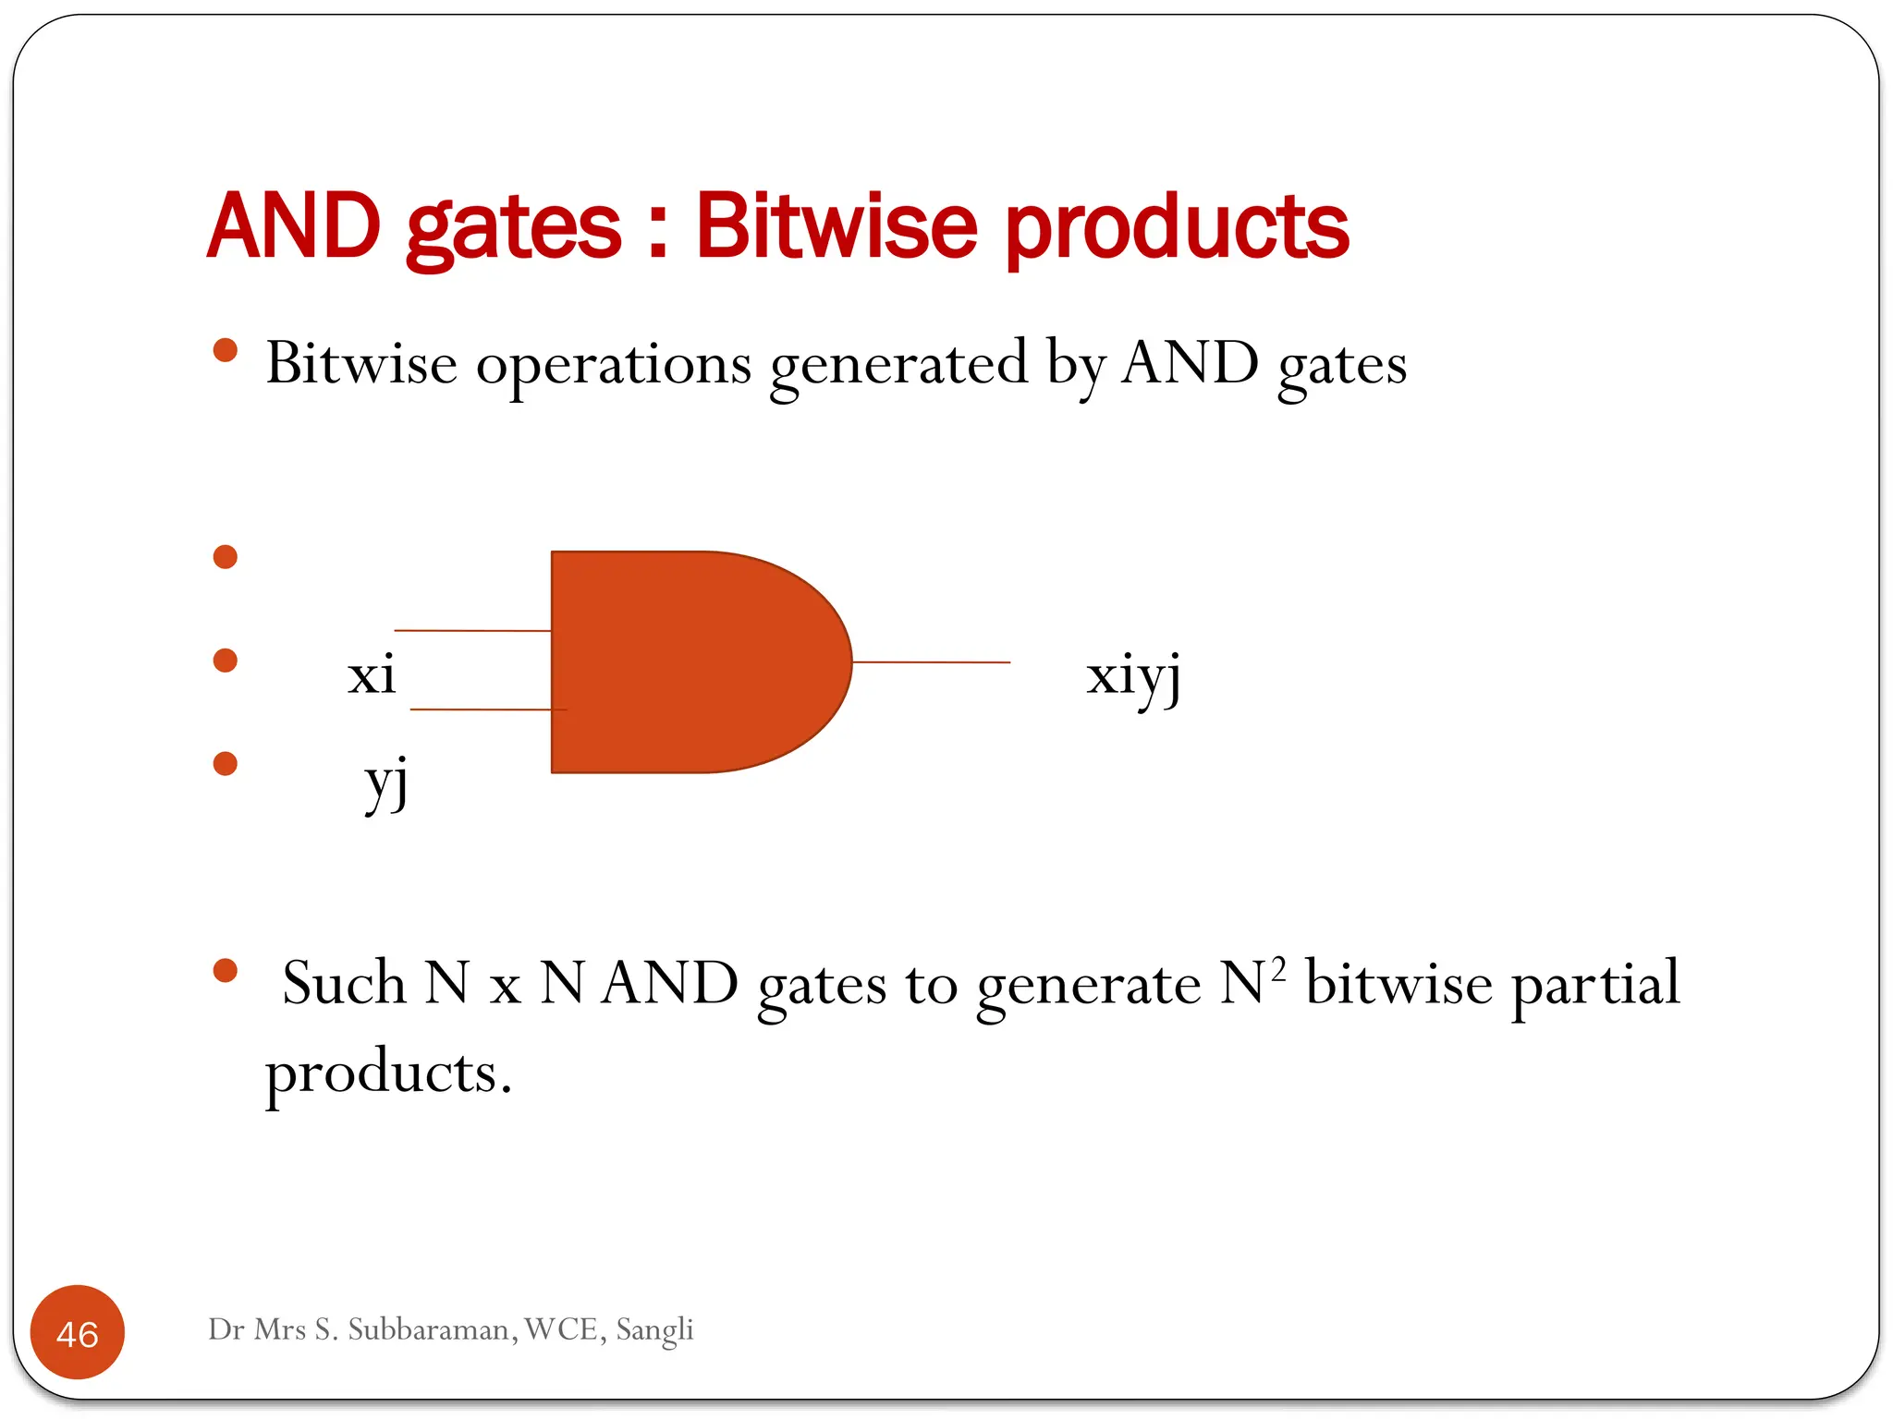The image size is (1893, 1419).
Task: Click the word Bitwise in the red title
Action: coord(836,225)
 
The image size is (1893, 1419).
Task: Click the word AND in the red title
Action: coord(294,225)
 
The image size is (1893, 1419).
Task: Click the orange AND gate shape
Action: coord(684,661)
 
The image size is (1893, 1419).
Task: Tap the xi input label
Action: coord(372,675)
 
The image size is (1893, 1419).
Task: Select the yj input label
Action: coord(386,782)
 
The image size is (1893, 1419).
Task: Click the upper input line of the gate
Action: coord(472,631)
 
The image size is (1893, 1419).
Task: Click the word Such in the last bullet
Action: coord(344,983)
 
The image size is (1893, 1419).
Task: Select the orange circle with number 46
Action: coord(78,1332)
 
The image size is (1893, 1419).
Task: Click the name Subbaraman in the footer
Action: coord(431,1329)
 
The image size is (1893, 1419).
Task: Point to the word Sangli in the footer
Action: coord(654,1330)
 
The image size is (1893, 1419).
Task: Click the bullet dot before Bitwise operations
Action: coord(226,350)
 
